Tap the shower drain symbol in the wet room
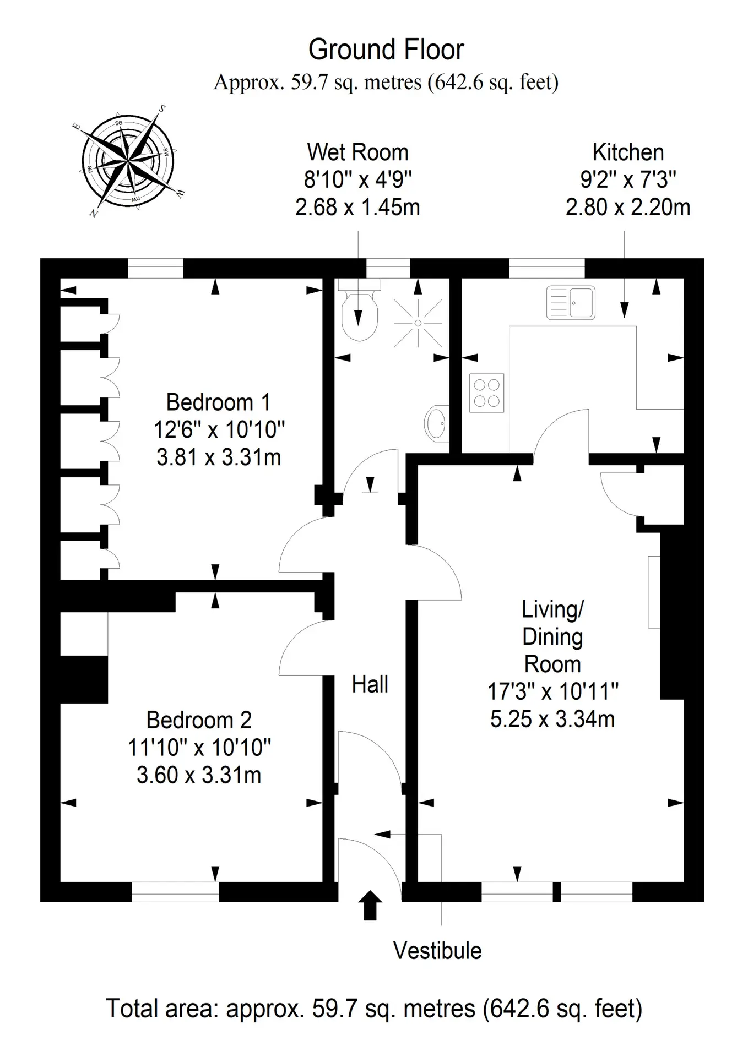(x=418, y=323)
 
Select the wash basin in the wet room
(x=437, y=423)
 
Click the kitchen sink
(x=571, y=302)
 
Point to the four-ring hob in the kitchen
(x=487, y=393)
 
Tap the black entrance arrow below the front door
(x=370, y=906)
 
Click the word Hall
(x=370, y=684)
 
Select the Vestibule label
(x=437, y=951)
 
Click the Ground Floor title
(x=386, y=50)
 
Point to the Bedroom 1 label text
(x=219, y=402)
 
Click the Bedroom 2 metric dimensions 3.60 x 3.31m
(x=199, y=775)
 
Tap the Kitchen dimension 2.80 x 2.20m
(x=628, y=207)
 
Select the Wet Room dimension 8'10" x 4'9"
(x=358, y=179)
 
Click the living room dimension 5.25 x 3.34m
(x=552, y=719)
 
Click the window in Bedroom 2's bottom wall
(x=175, y=892)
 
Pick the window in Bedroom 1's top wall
(x=155, y=268)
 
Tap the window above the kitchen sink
(x=547, y=268)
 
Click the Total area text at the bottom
(x=374, y=1009)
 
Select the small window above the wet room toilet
(x=388, y=268)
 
